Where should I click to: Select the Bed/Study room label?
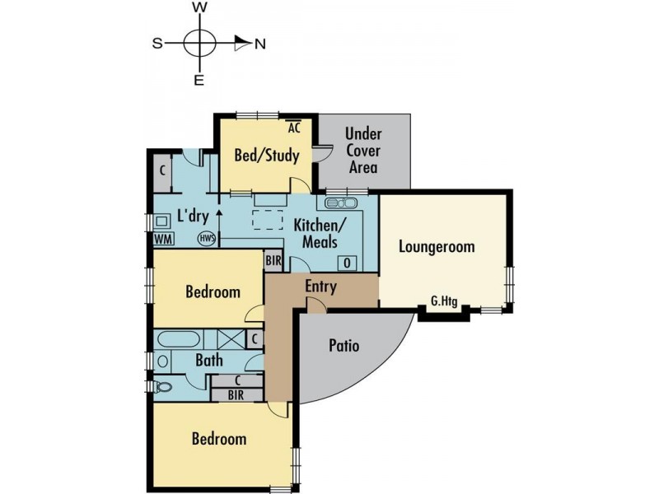(x=266, y=155)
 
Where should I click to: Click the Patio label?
(x=344, y=345)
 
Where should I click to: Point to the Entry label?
(x=320, y=286)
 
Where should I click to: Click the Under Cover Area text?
(x=363, y=150)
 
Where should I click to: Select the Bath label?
(x=208, y=360)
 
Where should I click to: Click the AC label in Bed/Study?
(x=294, y=128)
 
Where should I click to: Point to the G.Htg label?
(x=444, y=302)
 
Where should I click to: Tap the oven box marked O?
(x=347, y=262)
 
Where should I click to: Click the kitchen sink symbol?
(x=340, y=203)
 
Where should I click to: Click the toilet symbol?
(x=163, y=386)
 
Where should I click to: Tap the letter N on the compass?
(x=259, y=44)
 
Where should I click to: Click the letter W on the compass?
(x=199, y=7)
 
